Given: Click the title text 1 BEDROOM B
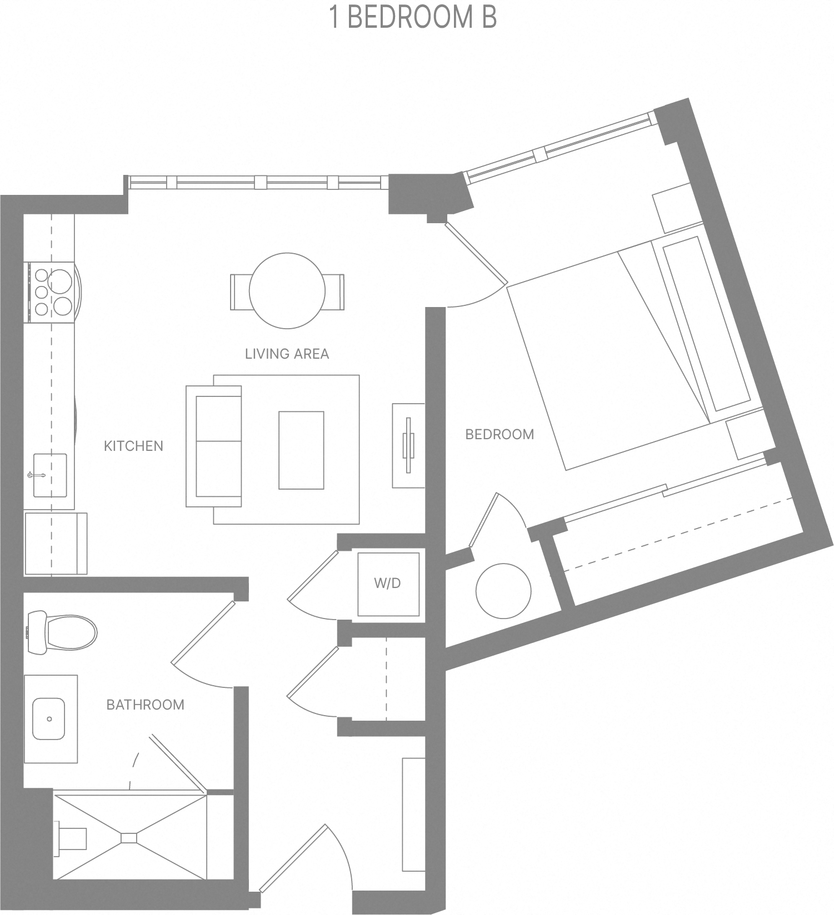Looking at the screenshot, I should pyautogui.click(x=413, y=17).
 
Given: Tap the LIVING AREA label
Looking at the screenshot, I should pyautogui.click(x=287, y=354).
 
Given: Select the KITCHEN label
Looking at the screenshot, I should pyautogui.click(x=133, y=446).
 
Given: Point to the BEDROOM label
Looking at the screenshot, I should pyautogui.click(x=499, y=434).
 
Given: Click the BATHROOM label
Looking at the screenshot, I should pyautogui.click(x=145, y=705).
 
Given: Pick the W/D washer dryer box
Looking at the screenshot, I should pyautogui.click(x=388, y=584).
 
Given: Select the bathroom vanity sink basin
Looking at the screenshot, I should pyautogui.click(x=49, y=719).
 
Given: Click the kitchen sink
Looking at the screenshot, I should pyautogui.click(x=49, y=475).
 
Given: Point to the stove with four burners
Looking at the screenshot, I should pyautogui.click(x=52, y=291).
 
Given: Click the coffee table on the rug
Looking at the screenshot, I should pyautogui.click(x=301, y=450).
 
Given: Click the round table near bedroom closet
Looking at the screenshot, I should pyautogui.click(x=503, y=591).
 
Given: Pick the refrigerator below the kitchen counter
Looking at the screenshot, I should pyautogui.click(x=55, y=544).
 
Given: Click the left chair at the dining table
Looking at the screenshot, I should pyautogui.click(x=241, y=292).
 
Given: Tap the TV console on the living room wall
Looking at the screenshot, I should pyautogui.click(x=408, y=446).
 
